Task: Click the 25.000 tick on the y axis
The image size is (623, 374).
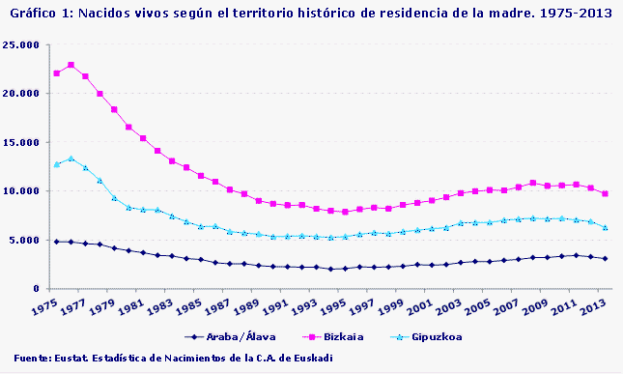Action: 21,45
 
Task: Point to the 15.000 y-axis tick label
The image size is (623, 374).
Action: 21,142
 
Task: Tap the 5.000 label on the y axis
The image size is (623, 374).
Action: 24,240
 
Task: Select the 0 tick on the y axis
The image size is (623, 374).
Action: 37,288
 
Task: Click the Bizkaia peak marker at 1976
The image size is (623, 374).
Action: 71,65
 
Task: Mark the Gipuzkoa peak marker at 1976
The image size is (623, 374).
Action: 71,158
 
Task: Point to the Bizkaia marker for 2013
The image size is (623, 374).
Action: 605,193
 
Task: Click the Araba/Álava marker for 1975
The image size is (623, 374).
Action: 56,241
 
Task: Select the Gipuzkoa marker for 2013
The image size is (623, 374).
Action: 605,227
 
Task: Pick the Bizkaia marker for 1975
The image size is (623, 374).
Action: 56,73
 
